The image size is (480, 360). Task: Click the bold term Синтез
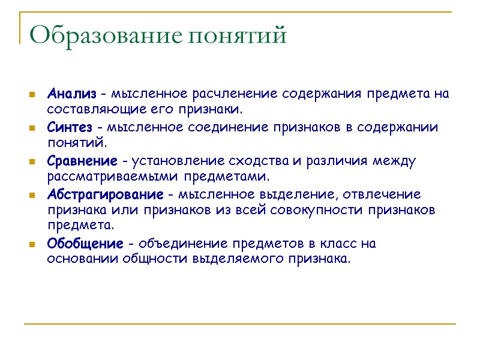click(x=70, y=128)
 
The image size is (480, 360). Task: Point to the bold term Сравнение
click(x=82, y=161)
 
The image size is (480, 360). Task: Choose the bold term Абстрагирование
click(x=105, y=195)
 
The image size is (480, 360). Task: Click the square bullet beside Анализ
click(x=31, y=95)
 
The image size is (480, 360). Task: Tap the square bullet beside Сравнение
click(x=31, y=162)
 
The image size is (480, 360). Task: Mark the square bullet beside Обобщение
click(x=31, y=245)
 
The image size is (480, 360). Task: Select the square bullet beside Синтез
click(x=31, y=128)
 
